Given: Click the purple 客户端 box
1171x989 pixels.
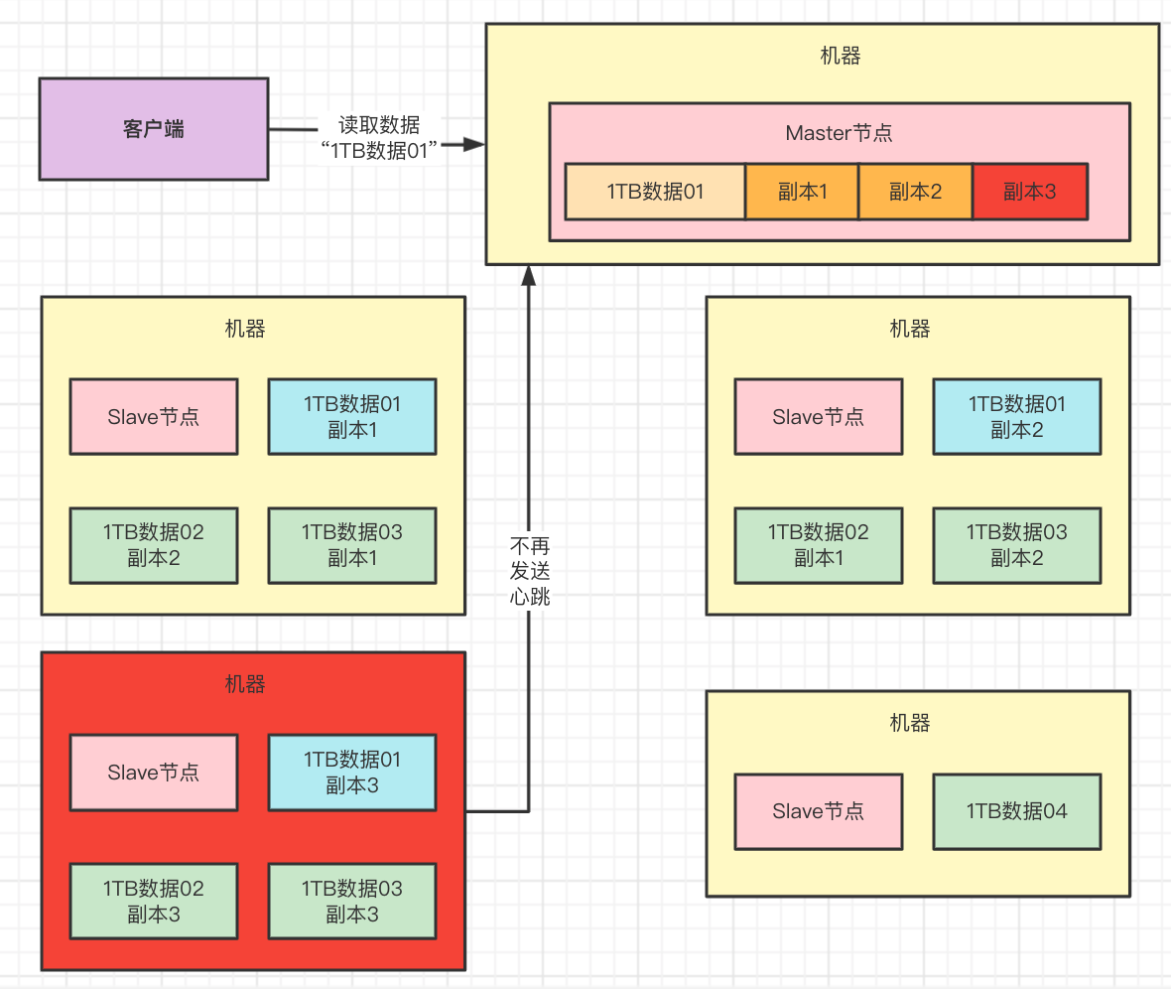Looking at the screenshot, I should [154, 129].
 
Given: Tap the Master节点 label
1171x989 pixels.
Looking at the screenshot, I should [840, 133].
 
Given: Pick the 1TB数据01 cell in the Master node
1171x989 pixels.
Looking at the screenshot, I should [655, 192].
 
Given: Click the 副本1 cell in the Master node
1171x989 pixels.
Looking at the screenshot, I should [802, 192].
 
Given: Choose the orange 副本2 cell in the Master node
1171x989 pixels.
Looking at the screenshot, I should [915, 192].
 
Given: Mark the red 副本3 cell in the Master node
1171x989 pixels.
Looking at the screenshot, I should [1030, 192].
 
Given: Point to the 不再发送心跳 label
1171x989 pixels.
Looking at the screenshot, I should [529, 571].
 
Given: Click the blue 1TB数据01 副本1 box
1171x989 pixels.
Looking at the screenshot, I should [352, 417].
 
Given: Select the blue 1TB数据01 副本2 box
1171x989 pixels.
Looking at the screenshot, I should [1016, 417].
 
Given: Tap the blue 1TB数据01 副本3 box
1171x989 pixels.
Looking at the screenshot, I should [352, 773].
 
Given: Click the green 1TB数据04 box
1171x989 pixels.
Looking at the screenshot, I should [1016, 811].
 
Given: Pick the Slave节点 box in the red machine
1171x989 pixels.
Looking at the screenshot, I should [154, 773].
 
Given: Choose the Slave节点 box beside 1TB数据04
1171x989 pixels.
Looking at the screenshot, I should [819, 811].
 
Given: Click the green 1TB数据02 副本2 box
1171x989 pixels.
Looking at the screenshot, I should [154, 545].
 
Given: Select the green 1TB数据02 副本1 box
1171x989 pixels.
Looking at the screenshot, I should [819, 545].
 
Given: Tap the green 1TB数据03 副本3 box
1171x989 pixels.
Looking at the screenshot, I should [352, 901].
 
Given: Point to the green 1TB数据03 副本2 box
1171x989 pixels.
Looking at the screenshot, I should [1016, 545].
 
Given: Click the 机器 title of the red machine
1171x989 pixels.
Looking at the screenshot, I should [245, 684].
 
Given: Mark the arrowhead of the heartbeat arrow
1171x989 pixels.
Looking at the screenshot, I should [529, 274].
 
